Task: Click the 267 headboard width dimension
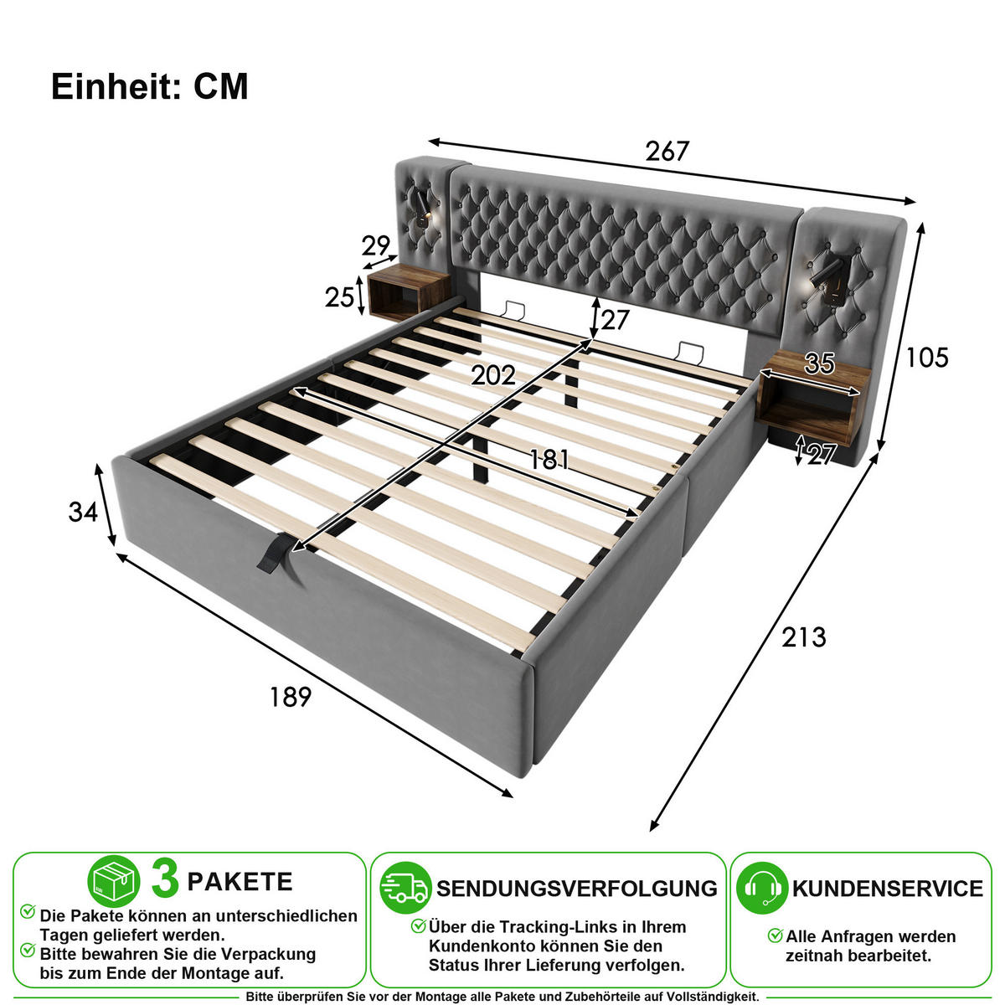(x=667, y=152)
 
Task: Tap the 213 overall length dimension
(x=804, y=637)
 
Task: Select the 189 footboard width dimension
(x=291, y=697)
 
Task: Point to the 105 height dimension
(x=927, y=358)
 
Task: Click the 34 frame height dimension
(x=83, y=512)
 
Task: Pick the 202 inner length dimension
(x=493, y=375)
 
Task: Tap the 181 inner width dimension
(x=549, y=460)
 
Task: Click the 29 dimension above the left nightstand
(x=375, y=245)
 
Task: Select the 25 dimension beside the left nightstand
(x=339, y=297)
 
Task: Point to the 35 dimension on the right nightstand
(x=820, y=363)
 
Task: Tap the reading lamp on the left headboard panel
(x=423, y=207)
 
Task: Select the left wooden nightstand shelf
(x=409, y=292)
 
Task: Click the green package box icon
(x=114, y=881)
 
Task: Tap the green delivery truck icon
(x=405, y=888)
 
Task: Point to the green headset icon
(x=762, y=888)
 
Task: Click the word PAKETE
(x=240, y=882)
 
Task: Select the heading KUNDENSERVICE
(x=888, y=889)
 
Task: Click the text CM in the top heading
(x=221, y=86)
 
